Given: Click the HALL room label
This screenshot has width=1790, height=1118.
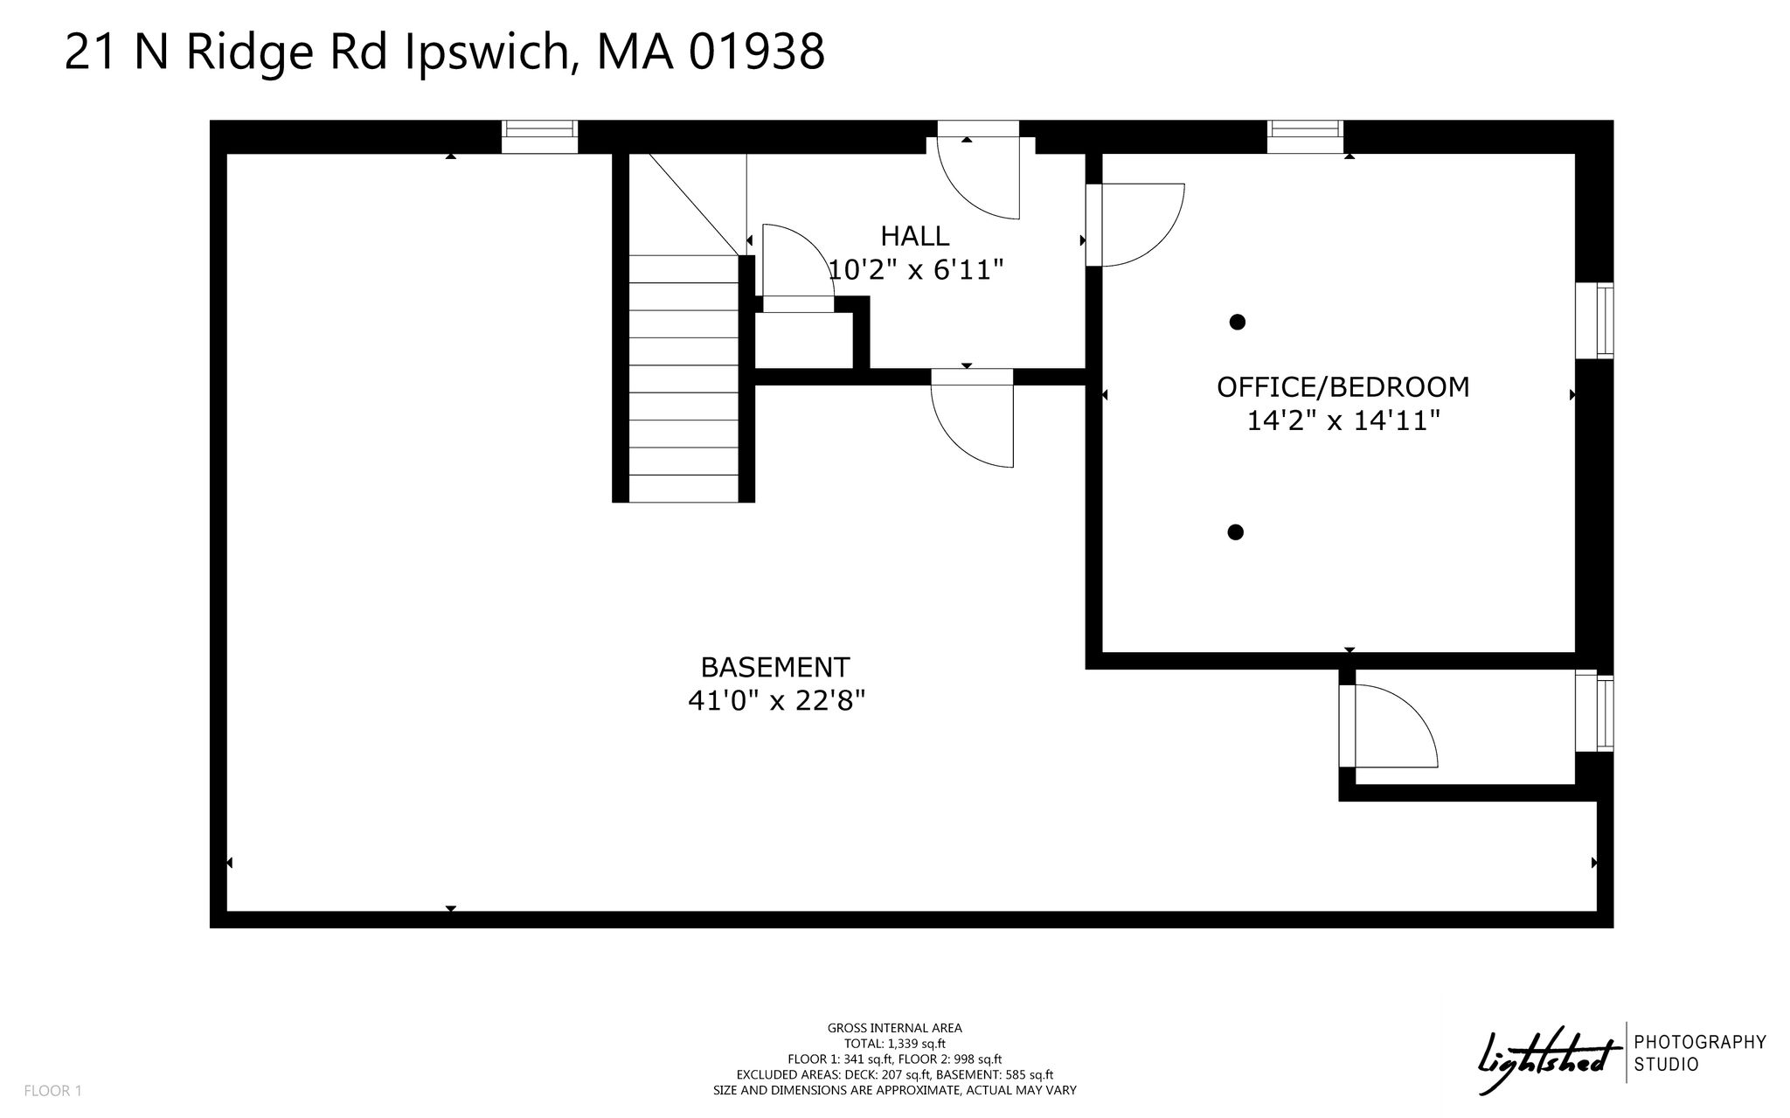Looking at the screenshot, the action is pos(914,236).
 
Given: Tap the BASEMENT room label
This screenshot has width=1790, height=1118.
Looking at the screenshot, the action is pos(774,667).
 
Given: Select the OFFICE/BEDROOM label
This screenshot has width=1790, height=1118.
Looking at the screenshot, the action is pos(1342,386).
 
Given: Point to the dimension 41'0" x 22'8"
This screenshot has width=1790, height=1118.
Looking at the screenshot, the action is pos(776,700).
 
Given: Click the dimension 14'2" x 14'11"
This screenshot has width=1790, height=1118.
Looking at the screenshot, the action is pos(1342,420).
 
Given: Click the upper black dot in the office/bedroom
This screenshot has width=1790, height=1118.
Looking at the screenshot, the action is pos(1237,322).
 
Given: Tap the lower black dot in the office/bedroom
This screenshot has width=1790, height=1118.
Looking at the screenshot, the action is pos(1235,531).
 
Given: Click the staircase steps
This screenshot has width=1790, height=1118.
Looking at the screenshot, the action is pos(683,378).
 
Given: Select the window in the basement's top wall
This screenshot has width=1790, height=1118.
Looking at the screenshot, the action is pos(539,136).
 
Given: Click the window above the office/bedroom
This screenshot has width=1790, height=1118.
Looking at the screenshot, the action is pos(1306,136).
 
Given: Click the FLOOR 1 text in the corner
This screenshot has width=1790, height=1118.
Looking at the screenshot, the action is pos(52,1091).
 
